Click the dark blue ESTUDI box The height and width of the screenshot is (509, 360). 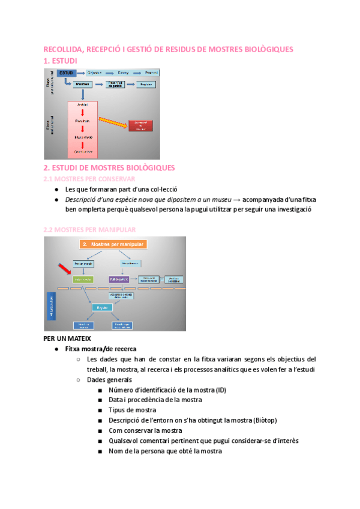click(x=67, y=73)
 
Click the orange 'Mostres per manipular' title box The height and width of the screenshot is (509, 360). click(x=113, y=244)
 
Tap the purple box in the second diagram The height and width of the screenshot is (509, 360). click(x=119, y=280)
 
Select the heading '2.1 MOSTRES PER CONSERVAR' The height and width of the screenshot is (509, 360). click(x=89, y=179)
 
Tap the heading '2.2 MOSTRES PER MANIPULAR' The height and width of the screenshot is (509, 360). click(x=89, y=229)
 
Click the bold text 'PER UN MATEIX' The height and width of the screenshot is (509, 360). click(x=67, y=339)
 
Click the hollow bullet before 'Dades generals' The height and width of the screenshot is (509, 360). click(x=79, y=379)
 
